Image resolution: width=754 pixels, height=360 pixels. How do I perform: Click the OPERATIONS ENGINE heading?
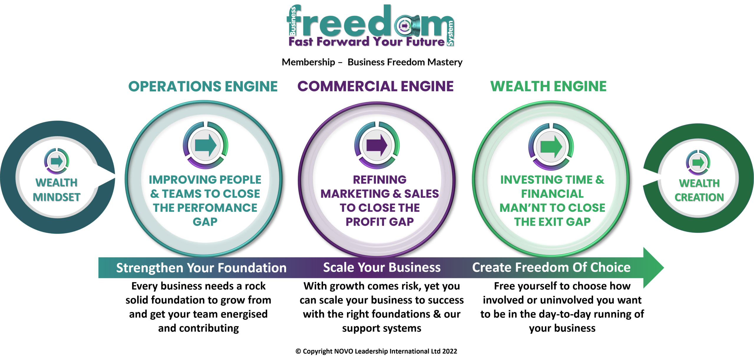click(x=203, y=86)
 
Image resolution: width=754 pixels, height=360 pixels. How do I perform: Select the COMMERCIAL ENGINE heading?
click(x=376, y=86)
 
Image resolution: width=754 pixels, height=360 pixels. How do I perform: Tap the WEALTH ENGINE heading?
click(x=548, y=86)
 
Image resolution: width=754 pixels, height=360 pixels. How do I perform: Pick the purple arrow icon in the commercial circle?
click(x=377, y=145)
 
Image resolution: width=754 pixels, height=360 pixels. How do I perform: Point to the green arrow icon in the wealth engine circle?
click(x=551, y=146)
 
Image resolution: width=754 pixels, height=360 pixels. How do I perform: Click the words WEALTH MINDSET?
click(x=57, y=190)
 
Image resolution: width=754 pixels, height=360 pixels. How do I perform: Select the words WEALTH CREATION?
click(x=699, y=190)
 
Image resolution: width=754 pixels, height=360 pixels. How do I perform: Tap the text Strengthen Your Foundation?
click(x=201, y=268)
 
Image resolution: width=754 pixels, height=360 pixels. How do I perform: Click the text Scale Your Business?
click(x=382, y=267)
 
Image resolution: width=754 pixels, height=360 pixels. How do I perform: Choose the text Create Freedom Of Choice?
click(x=551, y=267)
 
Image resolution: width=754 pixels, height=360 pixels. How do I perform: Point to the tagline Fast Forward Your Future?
click(x=366, y=42)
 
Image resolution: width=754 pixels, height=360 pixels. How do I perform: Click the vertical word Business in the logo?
click(x=293, y=21)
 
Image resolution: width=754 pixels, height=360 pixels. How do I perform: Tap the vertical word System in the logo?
click(x=450, y=33)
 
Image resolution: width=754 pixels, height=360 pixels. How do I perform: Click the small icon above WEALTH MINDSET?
click(x=57, y=161)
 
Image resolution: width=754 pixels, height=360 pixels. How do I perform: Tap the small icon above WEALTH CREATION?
click(x=698, y=163)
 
